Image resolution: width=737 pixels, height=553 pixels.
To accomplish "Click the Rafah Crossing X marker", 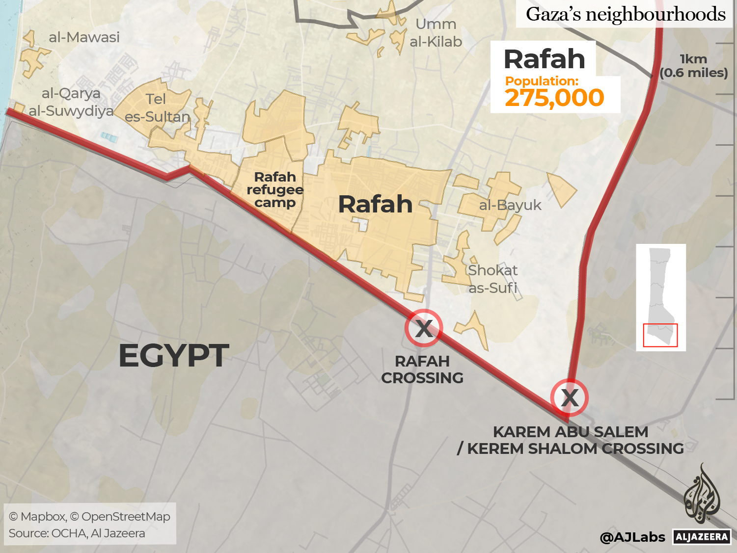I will [424, 328].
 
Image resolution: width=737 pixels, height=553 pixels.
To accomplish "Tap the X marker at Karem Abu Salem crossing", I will [569, 397].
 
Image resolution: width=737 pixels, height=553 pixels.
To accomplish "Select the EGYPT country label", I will [174, 356].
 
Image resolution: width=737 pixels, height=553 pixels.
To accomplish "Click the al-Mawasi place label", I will [84, 37].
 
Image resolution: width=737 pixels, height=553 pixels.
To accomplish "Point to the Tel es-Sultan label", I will [157, 108].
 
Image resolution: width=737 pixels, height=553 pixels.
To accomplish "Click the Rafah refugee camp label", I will [275, 190].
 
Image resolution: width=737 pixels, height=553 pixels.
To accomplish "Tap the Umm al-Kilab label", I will [436, 33].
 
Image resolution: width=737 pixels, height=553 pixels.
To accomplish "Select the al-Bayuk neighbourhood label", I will [510, 205].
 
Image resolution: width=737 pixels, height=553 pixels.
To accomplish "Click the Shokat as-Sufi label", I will [492, 279].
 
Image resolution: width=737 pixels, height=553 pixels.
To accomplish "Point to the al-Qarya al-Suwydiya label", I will [71, 102].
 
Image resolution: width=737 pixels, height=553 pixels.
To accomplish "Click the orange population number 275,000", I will [554, 98].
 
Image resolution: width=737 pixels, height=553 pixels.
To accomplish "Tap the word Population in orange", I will [542, 81].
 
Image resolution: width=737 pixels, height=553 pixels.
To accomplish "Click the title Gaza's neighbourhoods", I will [626, 14].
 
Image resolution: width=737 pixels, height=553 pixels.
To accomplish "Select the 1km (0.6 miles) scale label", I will [693, 66].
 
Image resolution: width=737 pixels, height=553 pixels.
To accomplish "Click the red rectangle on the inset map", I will [660, 335].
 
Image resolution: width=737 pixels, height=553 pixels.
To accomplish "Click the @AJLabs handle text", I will [632, 537].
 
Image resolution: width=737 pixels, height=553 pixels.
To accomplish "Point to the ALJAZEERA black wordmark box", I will [702, 537].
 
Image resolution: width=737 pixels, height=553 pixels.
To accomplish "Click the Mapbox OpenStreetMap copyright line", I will [89, 516].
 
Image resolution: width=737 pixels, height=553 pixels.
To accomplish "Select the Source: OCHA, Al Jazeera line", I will [77, 533].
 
